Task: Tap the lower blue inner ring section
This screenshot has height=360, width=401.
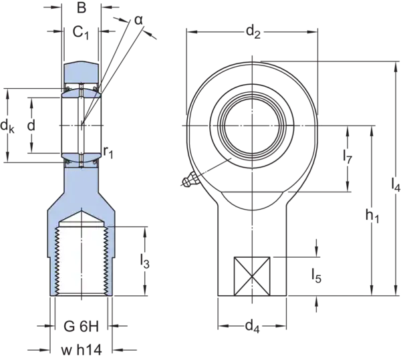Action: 82,158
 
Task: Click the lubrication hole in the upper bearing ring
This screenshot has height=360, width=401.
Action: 82,86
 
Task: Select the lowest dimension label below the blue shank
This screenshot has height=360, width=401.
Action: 82,349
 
